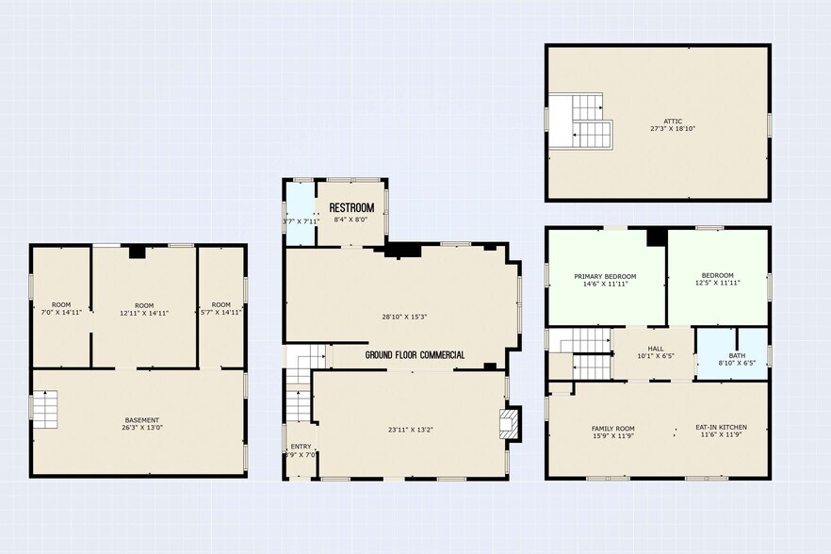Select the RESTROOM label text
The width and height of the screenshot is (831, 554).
(x=351, y=207)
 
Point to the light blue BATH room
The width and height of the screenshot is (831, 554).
(x=731, y=352)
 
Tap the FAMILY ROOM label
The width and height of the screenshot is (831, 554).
(x=612, y=430)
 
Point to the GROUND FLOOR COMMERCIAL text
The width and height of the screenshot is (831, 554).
(x=415, y=355)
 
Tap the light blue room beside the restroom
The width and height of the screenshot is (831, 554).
(x=301, y=213)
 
